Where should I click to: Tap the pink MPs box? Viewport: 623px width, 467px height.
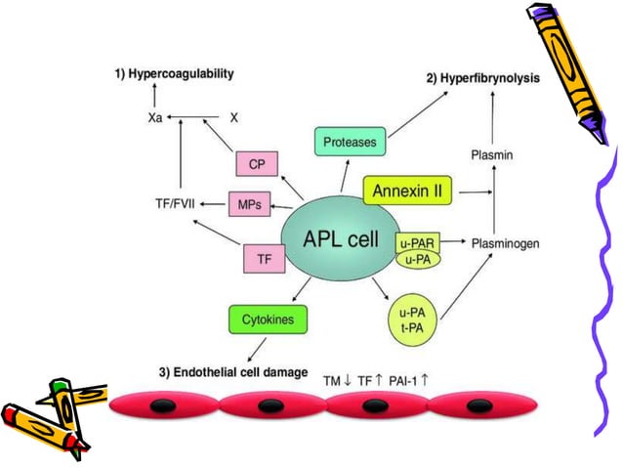tap(248, 206)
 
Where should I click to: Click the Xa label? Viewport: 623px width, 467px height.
tap(150, 117)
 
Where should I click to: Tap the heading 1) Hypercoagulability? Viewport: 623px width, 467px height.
tap(175, 74)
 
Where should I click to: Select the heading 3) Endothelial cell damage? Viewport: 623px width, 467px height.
tap(234, 372)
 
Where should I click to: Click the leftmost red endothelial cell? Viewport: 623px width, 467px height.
tap(163, 405)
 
